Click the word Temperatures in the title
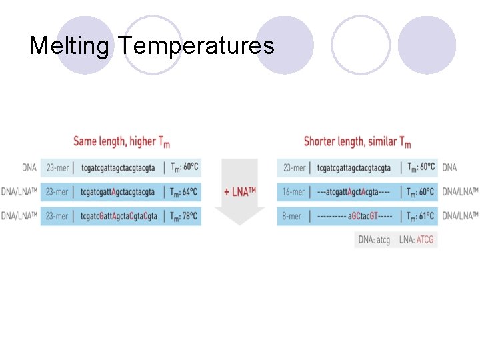click(197, 46)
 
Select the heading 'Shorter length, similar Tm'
click(357, 141)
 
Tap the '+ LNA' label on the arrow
click(240, 192)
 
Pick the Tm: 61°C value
click(419, 216)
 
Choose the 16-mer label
click(294, 192)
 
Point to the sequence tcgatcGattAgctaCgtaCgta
click(119, 216)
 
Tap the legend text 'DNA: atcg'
click(374, 239)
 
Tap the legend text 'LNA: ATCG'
click(416, 239)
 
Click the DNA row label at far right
click(450, 168)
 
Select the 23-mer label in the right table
click(294, 168)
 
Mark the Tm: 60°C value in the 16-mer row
click(419, 192)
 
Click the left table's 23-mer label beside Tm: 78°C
click(57, 216)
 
